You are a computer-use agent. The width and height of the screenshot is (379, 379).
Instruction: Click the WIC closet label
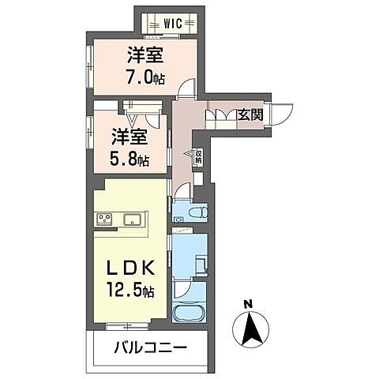coord(174,24)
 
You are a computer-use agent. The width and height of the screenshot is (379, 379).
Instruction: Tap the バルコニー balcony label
coord(149,347)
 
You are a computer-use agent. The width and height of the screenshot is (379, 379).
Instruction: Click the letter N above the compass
coord(248,305)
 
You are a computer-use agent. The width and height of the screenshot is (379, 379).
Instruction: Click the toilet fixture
coord(197,213)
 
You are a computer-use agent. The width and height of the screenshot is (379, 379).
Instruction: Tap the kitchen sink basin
coord(131,219)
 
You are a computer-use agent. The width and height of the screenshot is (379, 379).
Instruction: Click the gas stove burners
coord(105,219)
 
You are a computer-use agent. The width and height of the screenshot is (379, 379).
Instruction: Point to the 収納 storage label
coord(198,157)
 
